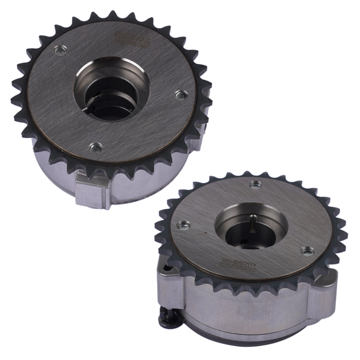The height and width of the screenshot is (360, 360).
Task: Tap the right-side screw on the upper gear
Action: [x=178, y=94]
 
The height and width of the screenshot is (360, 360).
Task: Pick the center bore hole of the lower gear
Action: [x=251, y=227]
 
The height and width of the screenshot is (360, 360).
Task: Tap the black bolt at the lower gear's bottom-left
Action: [x=167, y=317]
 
